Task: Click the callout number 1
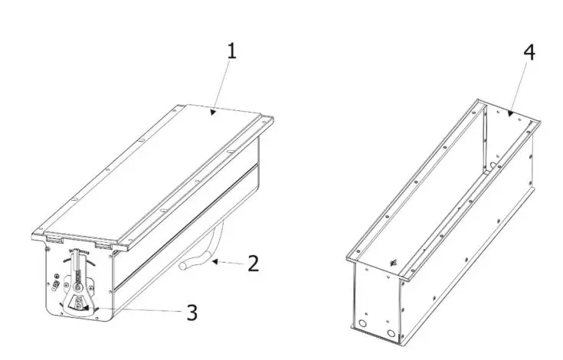pyautogui.click(x=231, y=52)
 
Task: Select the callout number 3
pyautogui.click(x=191, y=312)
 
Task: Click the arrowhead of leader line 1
pyautogui.click(x=214, y=113)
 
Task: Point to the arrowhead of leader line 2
pyautogui.click(x=214, y=262)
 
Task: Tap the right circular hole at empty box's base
pyautogui.click(x=394, y=334)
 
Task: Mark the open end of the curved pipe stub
pyautogui.click(x=185, y=267)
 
